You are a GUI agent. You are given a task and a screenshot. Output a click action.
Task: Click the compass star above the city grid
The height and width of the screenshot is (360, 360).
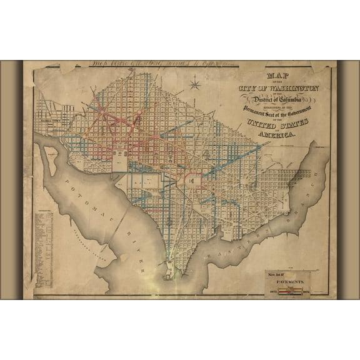(195, 81)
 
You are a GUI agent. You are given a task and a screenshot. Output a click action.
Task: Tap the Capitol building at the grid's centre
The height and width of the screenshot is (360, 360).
(192, 180)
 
